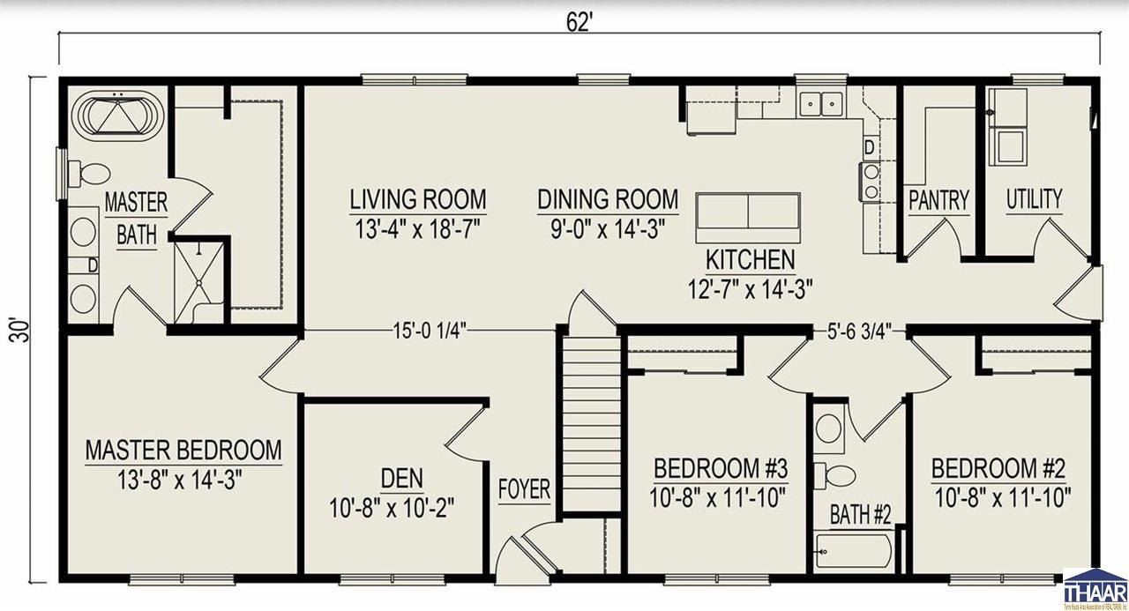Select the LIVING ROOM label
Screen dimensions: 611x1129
[417, 198]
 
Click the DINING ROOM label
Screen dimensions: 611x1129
[608, 198]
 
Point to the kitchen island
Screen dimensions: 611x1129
[748, 218]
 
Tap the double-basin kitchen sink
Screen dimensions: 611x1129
[821, 105]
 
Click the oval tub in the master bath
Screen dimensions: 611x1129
[117, 116]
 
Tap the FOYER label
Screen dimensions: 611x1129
[524, 490]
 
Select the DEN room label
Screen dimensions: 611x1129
[401, 479]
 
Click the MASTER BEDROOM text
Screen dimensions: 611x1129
[183, 450]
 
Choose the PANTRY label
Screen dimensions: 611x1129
[938, 201]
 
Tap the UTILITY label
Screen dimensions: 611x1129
[1034, 199]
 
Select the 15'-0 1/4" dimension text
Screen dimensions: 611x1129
[430, 332]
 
